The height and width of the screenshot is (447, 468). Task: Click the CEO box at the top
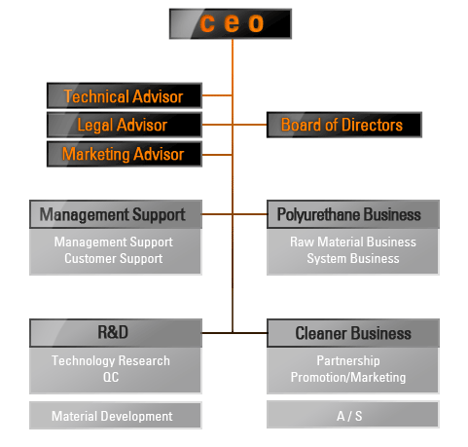tap(231, 23)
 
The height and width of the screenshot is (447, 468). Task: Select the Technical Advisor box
tap(125, 95)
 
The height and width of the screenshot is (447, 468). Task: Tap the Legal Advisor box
tap(125, 125)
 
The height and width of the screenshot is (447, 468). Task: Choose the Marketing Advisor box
tap(125, 154)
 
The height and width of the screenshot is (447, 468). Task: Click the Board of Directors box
tap(344, 125)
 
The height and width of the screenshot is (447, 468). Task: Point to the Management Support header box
tap(116, 214)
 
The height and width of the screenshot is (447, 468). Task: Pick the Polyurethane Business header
tap(353, 214)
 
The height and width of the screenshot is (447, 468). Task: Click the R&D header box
tap(116, 333)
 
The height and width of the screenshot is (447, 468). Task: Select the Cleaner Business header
tap(353, 333)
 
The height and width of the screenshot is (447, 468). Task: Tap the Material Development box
tap(116, 416)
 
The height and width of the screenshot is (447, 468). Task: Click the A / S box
tap(353, 415)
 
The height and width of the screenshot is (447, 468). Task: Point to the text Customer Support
tap(114, 259)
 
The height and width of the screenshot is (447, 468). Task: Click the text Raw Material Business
tap(353, 242)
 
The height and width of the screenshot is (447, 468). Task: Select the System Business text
tap(353, 259)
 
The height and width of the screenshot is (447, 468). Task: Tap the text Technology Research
tap(111, 360)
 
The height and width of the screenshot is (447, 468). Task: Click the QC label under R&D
tap(111, 377)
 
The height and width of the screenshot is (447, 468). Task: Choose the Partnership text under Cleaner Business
tap(348, 360)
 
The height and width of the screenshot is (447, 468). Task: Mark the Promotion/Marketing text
tap(348, 377)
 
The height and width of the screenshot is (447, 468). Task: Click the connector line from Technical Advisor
tap(217, 95)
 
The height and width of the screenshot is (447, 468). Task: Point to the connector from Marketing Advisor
tap(217, 155)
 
